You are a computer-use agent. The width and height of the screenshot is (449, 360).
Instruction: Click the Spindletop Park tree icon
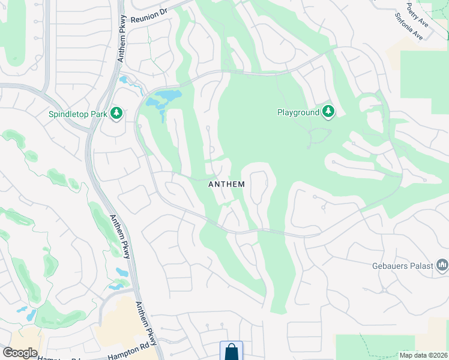click(116, 112)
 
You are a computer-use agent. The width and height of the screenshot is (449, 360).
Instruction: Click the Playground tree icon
click(328, 111)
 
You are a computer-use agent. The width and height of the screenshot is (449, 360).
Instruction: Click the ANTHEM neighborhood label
click(226, 184)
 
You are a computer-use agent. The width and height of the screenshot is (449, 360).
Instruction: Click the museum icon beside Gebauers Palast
click(442, 265)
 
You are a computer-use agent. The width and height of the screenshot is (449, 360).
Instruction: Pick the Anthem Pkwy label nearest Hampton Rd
click(148, 324)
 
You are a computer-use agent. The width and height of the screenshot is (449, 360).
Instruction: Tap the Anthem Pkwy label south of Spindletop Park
click(119, 236)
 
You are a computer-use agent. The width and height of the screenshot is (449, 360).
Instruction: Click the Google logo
click(20, 353)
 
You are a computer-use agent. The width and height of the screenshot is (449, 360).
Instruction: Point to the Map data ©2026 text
click(423, 355)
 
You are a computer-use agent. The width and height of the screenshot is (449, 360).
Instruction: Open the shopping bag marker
click(231, 352)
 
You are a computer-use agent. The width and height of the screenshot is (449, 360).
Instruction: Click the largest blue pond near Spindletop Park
click(169, 95)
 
